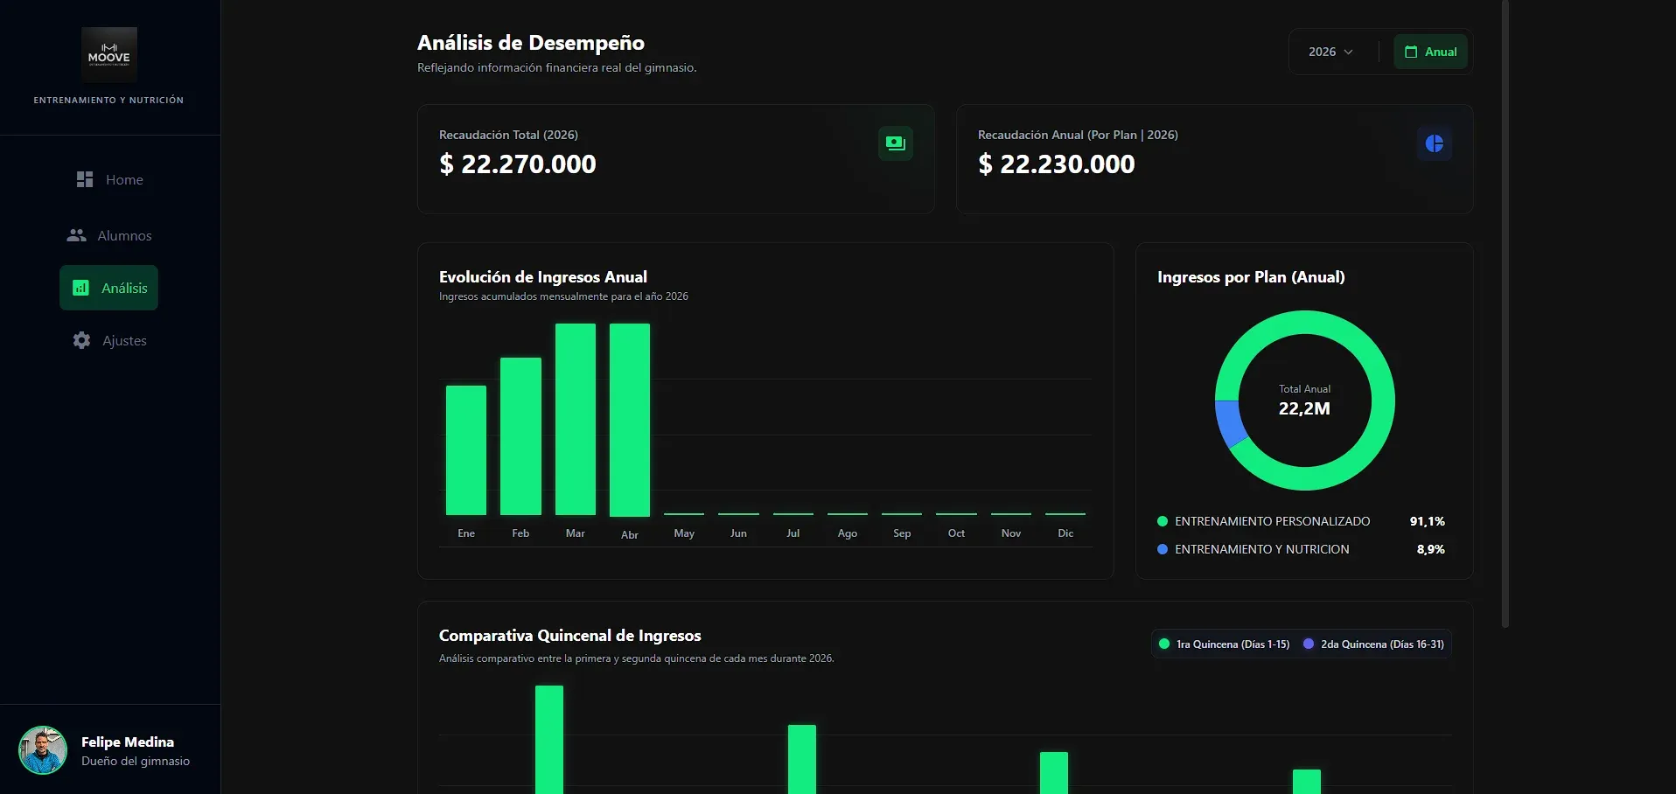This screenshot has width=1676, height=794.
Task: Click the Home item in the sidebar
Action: coord(109,179)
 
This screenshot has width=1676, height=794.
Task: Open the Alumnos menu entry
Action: coord(109,235)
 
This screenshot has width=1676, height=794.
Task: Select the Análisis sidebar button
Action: coord(108,288)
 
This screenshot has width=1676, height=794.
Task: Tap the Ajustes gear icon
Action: coord(81,340)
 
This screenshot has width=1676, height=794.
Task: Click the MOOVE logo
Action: coord(109,55)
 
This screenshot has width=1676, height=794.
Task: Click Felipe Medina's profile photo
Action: coord(43,750)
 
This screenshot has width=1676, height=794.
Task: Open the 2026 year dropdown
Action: coord(1330,52)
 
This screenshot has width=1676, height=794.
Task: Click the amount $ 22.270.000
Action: coord(518,164)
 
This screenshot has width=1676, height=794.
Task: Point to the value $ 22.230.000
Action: coord(1057,164)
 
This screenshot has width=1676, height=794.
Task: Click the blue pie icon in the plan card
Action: coord(1435,143)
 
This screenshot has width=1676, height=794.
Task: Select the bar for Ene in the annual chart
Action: coord(466,450)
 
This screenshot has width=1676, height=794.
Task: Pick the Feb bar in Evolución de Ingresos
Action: coord(520,436)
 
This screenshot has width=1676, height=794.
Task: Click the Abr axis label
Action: coord(630,534)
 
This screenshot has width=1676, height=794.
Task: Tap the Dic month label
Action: coord(1065,533)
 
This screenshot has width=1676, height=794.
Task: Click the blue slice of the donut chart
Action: coord(1229,423)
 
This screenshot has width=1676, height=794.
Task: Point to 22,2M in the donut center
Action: coord(1304,408)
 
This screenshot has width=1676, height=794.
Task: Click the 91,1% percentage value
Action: coord(1428,521)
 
